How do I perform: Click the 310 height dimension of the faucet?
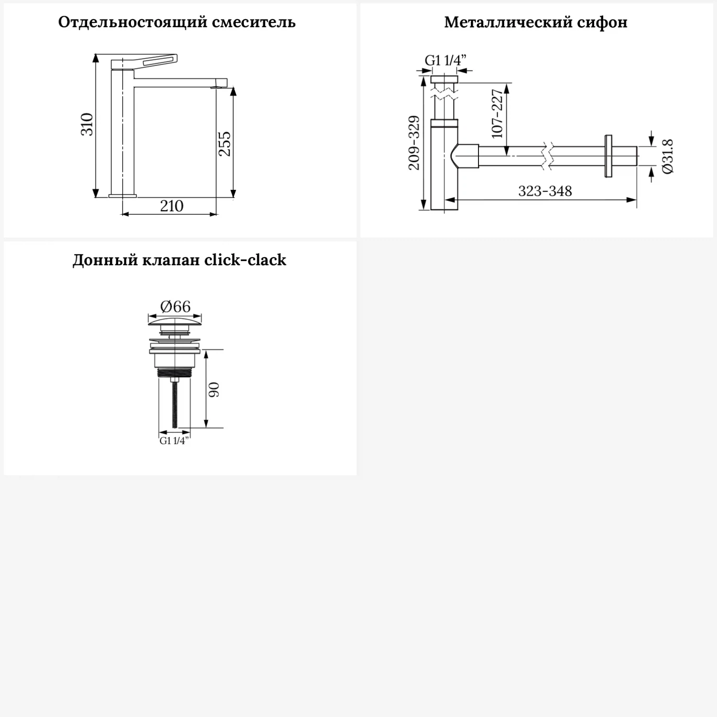[x=87, y=124]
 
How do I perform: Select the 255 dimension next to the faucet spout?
[x=224, y=143]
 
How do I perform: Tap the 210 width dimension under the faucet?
[x=172, y=206]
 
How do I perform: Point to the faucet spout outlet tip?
[x=219, y=87]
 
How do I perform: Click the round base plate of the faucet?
[x=123, y=196]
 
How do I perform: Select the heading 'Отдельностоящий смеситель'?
[x=177, y=22]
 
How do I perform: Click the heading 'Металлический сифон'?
[x=535, y=22]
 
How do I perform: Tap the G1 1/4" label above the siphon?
[x=445, y=61]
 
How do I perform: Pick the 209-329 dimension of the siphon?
[x=414, y=142]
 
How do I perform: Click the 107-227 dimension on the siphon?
[x=497, y=113]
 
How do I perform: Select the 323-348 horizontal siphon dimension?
[x=545, y=191]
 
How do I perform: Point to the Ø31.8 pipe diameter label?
[x=667, y=156]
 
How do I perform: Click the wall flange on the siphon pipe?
[x=608, y=156]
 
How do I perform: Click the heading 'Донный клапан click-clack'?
[x=179, y=260]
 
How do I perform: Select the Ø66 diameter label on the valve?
[x=175, y=306]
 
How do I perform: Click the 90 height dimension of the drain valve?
[x=214, y=389]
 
